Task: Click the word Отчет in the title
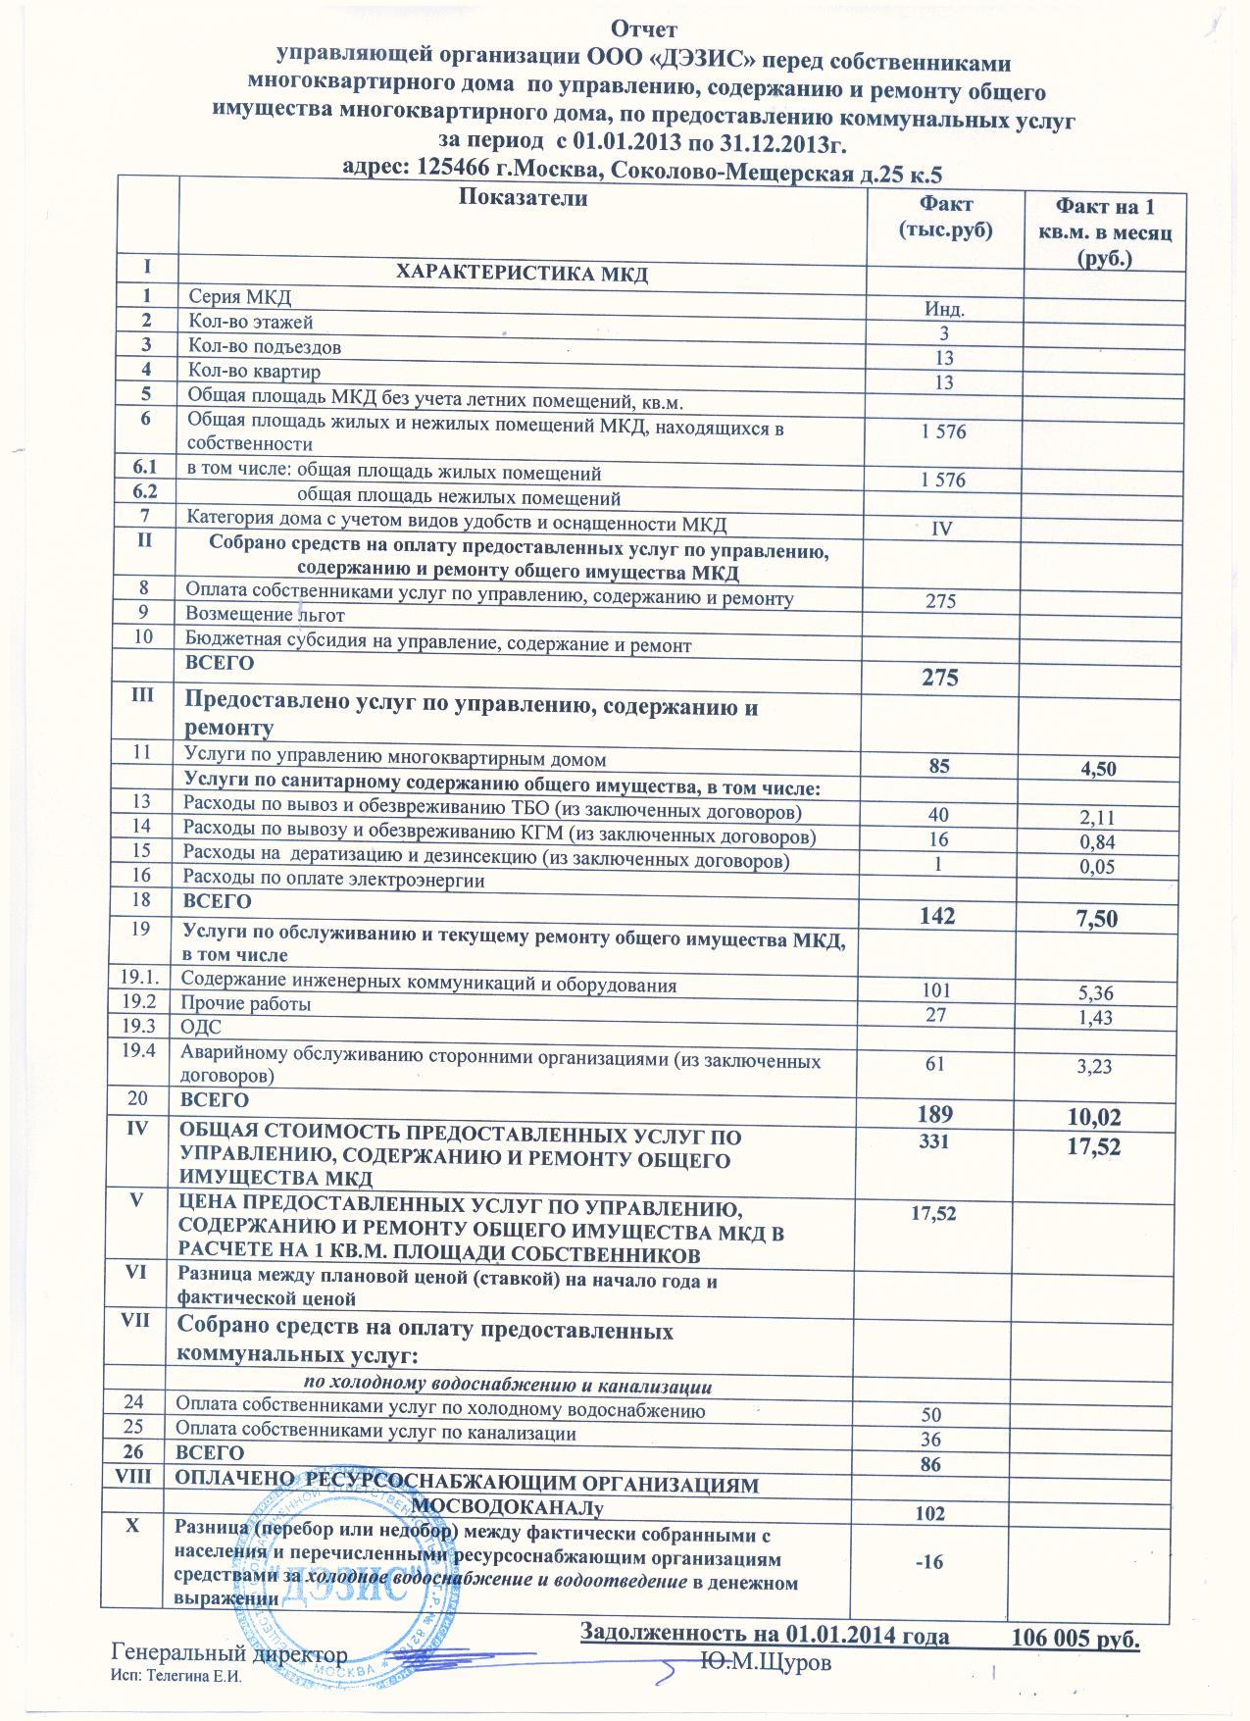click(643, 28)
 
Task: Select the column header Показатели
click(523, 199)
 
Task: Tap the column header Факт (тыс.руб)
click(944, 218)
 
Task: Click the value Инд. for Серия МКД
click(944, 309)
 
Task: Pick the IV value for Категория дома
click(941, 529)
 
